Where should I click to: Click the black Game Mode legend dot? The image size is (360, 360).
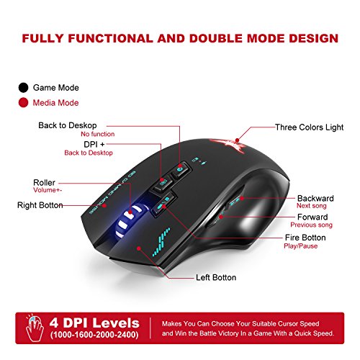[x=23, y=88]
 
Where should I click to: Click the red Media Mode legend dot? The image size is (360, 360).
[x=23, y=103]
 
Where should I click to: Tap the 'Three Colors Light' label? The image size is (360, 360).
[x=309, y=127]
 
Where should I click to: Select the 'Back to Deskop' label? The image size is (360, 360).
[x=68, y=125]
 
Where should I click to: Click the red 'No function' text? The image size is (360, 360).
[x=98, y=134]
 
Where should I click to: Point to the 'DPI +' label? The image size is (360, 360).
[x=94, y=144]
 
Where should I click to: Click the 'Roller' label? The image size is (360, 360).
[x=44, y=182]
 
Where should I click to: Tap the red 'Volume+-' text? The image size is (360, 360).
[x=48, y=190]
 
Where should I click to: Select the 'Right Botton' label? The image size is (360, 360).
[x=40, y=205]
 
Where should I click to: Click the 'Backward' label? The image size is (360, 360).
[x=315, y=198]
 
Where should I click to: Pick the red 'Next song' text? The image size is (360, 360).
[x=312, y=206]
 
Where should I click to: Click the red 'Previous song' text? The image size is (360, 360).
[x=311, y=225]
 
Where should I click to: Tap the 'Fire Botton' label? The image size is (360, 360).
[x=305, y=238]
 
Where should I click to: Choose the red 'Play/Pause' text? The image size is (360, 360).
[x=301, y=246]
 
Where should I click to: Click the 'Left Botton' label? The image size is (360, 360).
[x=216, y=277]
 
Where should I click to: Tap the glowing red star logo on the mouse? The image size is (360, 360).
[x=228, y=145]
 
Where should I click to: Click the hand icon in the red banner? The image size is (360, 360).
[x=35, y=328]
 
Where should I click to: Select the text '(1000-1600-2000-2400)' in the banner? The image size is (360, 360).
[x=94, y=335]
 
